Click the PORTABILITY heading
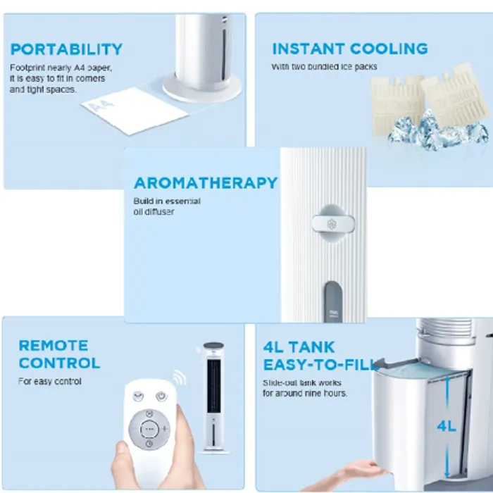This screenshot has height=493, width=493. (66, 49)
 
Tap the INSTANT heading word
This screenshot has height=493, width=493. (308, 49)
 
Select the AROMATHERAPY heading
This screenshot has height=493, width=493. (206, 183)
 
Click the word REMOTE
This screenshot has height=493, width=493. (53, 346)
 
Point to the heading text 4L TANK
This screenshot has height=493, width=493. (299, 347)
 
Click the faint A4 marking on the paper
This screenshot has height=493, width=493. (101, 106)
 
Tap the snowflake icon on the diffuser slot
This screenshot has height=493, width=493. (332, 224)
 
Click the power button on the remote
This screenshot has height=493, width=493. (161, 396)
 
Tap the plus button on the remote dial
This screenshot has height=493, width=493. (164, 428)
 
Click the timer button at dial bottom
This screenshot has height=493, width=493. (149, 444)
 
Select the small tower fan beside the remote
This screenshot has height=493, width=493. (214, 397)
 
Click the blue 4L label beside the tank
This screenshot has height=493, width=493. (447, 426)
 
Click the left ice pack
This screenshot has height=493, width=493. (397, 104)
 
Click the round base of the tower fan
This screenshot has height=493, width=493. (202, 87)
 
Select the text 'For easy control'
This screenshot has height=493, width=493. (50, 382)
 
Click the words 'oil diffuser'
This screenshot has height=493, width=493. (154, 211)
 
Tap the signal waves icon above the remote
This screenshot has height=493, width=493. (180, 377)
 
